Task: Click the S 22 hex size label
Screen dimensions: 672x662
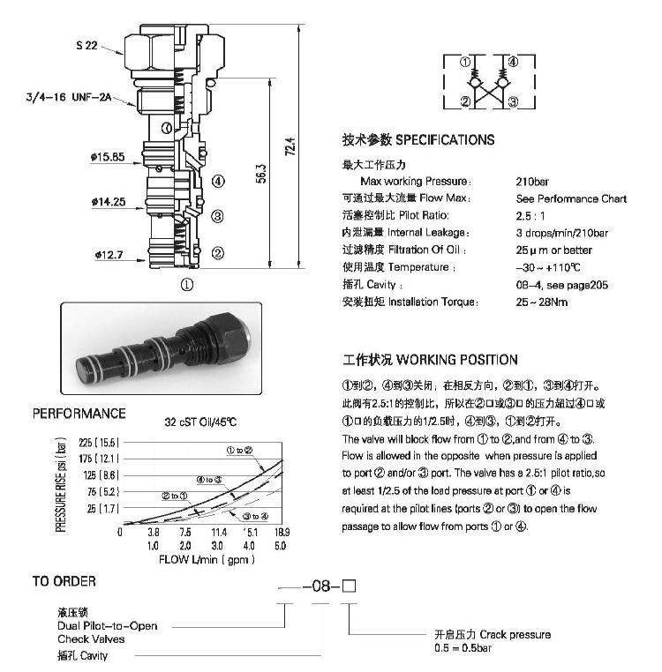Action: point(85,45)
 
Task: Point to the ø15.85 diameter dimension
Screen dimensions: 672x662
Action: point(107,158)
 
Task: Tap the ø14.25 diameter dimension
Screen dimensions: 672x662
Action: point(107,202)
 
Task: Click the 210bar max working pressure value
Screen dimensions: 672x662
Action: point(531,182)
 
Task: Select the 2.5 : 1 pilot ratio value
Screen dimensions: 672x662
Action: point(530,216)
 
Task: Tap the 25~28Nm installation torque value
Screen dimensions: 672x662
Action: point(542,302)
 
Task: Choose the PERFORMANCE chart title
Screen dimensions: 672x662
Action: point(79,414)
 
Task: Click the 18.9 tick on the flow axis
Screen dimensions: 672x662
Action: point(282,533)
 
